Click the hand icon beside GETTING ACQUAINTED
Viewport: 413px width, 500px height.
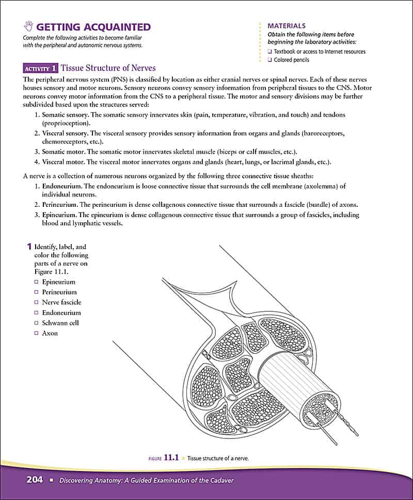click(x=28, y=27)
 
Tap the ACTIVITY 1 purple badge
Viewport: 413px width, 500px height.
click(x=40, y=68)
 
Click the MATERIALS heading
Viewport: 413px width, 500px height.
click(x=287, y=25)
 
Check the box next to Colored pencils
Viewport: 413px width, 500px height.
click(x=270, y=60)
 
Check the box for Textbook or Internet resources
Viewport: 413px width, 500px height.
click(x=270, y=52)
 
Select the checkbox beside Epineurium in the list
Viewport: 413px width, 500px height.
click(x=36, y=282)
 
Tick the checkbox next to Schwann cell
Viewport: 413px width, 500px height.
click(x=36, y=323)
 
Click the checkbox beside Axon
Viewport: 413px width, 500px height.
click(x=36, y=334)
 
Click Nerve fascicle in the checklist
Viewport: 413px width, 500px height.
click(x=61, y=302)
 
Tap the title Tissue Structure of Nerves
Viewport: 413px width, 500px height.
click(x=108, y=68)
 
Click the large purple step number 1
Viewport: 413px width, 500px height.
click(x=29, y=247)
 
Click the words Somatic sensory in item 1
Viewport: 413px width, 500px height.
click(x=65, y=114)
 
